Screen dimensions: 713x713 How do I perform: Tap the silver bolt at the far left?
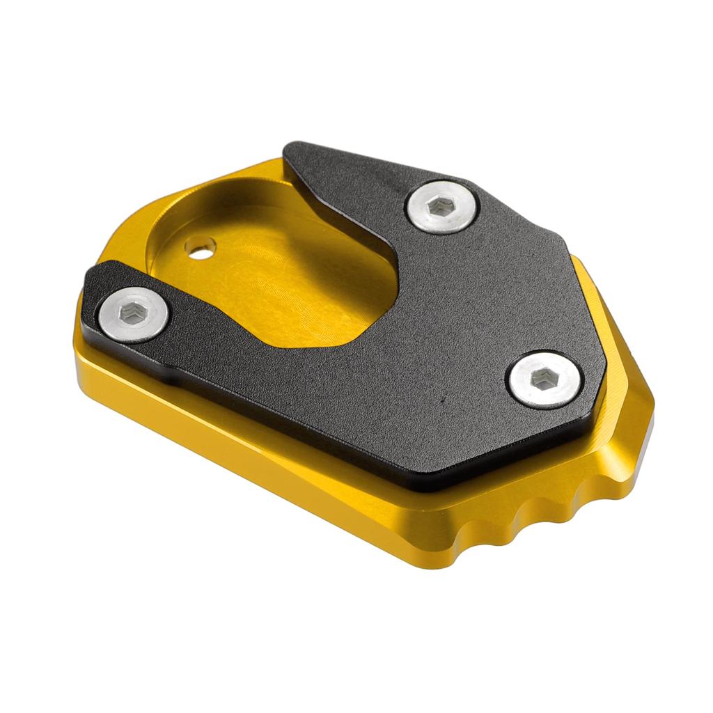134,314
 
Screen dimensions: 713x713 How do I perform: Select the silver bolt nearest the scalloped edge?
543,379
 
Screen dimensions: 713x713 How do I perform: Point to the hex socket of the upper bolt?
442,205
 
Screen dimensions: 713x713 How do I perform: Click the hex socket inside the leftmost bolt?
132,314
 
